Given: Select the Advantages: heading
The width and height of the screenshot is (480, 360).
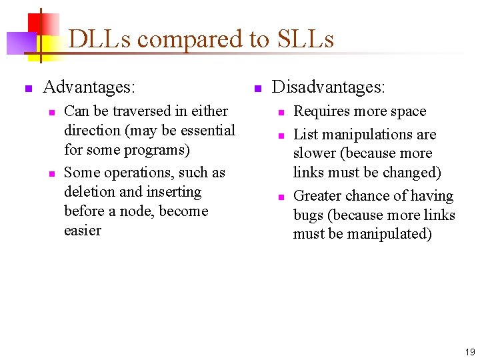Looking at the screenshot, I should (x=89, y=87).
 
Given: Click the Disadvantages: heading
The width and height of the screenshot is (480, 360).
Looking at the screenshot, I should (x=328, y=87).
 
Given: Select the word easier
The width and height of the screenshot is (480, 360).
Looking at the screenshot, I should (x=83, y=231).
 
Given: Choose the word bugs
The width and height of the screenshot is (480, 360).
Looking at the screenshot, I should (x=309, y=215).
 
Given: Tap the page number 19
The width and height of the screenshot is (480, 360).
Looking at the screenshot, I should (x=469, y=351).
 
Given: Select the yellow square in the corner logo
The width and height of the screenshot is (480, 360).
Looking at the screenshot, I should (x=48, y=47).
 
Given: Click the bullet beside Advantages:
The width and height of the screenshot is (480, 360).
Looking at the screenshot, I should (x=28, y=88).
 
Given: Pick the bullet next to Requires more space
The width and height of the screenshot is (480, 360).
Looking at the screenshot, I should (x=281, y=112).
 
